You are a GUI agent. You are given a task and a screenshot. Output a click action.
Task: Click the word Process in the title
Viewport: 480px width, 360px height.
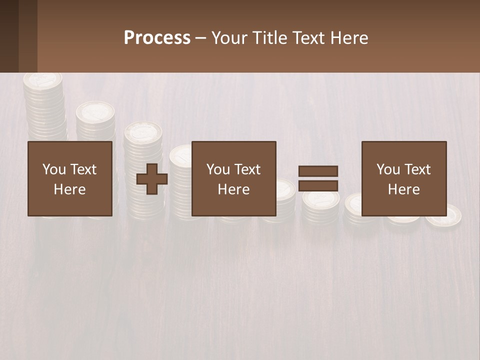[x=157, y=38]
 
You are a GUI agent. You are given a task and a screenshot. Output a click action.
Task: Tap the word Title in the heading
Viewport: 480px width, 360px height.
[x=271, y=38]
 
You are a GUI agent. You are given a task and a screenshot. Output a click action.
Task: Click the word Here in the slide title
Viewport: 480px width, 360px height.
[x=350, y=38]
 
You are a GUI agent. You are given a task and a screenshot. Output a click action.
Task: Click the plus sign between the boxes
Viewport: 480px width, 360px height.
[x=152, y=179]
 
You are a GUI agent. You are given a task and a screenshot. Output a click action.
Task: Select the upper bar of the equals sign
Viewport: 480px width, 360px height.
[x=318, y=171]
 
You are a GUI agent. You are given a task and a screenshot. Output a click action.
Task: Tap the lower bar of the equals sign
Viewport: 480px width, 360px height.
[x=318, y=186]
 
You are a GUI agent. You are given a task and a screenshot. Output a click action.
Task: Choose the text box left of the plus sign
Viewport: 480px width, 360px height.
[x=70, y=179]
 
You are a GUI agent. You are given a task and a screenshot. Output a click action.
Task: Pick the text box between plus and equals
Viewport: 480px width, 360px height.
[x=233, y=179]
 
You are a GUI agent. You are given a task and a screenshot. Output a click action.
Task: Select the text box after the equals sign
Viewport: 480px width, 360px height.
[x=403, y=179]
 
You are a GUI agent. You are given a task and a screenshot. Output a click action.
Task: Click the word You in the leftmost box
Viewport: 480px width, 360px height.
[x=53, y=169]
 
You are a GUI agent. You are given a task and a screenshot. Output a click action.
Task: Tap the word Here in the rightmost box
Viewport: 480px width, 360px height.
[x=403, y=189]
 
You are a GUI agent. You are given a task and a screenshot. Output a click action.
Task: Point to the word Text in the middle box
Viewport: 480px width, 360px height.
[x=247, y=169]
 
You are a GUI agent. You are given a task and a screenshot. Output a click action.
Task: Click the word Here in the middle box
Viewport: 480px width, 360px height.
[x=233, y=189]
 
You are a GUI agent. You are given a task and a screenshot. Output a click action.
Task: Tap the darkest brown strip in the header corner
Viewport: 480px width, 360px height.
[x=9, y=36]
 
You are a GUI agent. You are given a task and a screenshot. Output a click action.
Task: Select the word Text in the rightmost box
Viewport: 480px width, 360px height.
[x=417, y=169]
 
